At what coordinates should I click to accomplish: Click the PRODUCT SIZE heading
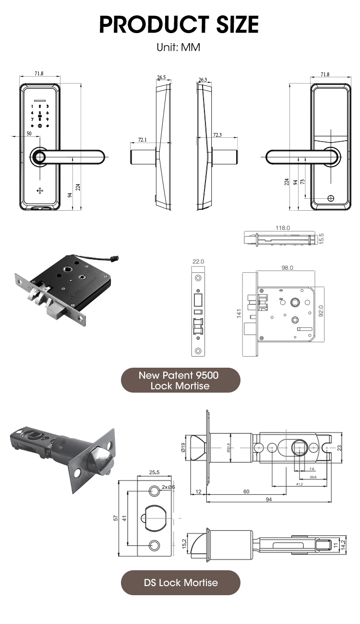click(179, 24)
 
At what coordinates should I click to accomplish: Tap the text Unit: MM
click(179, 48)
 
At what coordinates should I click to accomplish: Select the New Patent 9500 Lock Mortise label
click(180, 380)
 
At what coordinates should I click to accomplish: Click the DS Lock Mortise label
click(180, 583)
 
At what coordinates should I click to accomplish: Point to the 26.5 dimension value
click(161, 77)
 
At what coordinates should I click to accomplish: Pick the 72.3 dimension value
click(217, 135)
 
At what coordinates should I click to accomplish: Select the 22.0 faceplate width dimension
click(199, 262)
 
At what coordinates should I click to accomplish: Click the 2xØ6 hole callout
click(168, 487)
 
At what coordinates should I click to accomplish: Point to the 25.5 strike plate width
click(154, 472)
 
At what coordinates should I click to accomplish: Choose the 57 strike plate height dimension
click(115, 518)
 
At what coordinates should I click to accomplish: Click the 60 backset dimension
click(246, 492)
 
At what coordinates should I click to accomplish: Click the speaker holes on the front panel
click(40, 190)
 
